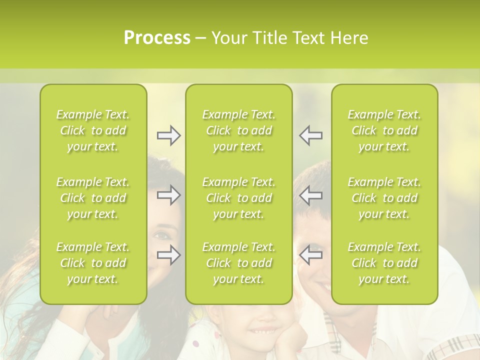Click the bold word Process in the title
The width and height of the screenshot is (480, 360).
pyautogui.click(x=157, y=38)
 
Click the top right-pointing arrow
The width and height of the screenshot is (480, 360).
pyautogui.click(x=168, y=135)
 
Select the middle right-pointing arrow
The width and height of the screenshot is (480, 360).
pyautogui.click(x=168, y=195)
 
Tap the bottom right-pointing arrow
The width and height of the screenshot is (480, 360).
pyautogui.click(x=168, y=255)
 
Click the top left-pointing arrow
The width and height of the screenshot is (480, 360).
pyautogui.click(x=310, y=135)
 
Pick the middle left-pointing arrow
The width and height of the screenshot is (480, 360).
pyautogui.click(x=310, y=195)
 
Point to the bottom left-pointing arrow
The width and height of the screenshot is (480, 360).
pyautogui.click(x=310, y=255)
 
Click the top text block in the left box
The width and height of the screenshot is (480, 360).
pyautogui.click(x=93, y=130)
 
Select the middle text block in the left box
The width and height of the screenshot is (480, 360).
pyautogui.click(x=93, y=198)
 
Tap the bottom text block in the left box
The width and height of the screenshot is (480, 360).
pyautogui.click(x=93, y=263)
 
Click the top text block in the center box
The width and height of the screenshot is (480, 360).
pyautogui.click(x=238, y=130)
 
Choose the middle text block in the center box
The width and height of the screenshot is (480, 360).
pyautogui.click(x=238, y=198)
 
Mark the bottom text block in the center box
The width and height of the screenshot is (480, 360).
pyautogui.click(x=238, y=263)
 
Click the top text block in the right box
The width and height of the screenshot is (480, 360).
pyautogui.click(x=384, y=130)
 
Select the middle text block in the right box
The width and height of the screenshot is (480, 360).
pyautogui.click(x=384, y=198)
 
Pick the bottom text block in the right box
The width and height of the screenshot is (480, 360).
pyautogui.click(x=384, y=263)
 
